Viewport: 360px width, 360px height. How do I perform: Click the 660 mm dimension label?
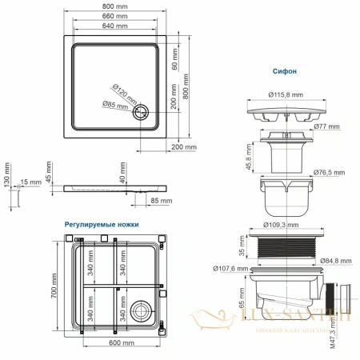point(116,17)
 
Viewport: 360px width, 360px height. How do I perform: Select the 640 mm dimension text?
point(116,26)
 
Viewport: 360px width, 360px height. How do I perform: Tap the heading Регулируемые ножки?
point(101,225)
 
